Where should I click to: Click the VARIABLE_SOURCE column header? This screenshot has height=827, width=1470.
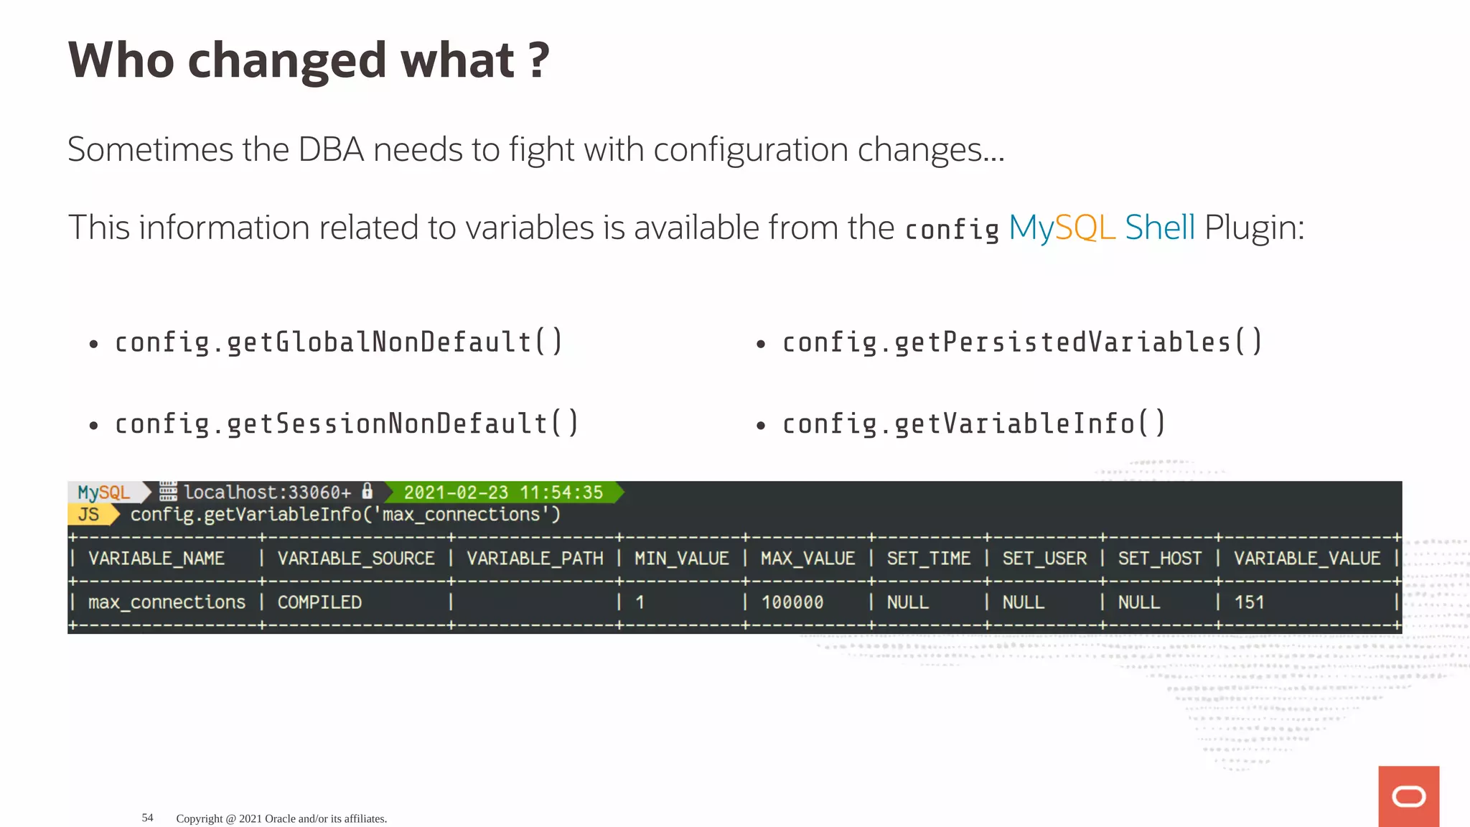(356, 559)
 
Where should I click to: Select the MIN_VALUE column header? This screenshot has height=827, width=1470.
(681, 559)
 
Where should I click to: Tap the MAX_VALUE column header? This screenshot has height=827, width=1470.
(807, 559)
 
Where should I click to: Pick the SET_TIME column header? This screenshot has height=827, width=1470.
(928, 559)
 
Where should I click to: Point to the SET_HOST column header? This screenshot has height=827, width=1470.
(1159, 559)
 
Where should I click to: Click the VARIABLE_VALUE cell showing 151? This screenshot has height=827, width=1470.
(1249, 602)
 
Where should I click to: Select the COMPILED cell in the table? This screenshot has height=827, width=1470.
(319, 602)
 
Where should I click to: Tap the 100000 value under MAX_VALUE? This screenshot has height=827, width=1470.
(792, 602)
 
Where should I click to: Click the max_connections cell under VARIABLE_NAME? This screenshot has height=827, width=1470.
(167, 602)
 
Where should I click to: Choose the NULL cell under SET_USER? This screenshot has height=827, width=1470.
(1023, 602)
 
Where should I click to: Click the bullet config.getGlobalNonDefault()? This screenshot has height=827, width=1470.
(339, 342)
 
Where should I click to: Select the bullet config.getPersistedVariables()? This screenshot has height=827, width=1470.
(1021, 342)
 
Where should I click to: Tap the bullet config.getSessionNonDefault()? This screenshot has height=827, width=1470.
(347, 424)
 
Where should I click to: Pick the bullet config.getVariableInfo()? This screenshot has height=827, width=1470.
(973, 424)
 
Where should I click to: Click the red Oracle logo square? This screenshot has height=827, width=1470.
(1408, 796)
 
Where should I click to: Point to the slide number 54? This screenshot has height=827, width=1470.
(147, 818)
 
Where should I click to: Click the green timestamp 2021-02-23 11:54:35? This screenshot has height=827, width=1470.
(503, 492)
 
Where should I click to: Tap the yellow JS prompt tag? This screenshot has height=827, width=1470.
(90, 515)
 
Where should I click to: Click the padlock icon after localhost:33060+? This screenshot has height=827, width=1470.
(367, 491)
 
